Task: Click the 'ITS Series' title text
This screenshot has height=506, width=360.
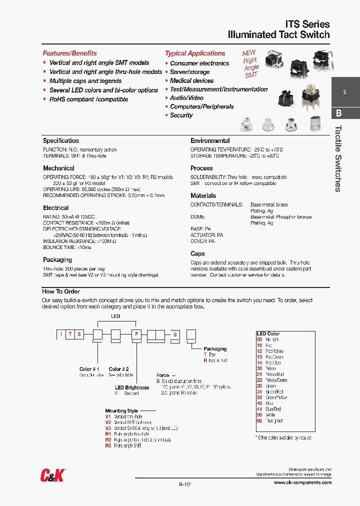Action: click(307, 24)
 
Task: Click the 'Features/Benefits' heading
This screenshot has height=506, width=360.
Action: click(69, 53)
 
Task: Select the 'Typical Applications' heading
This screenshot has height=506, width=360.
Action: click(195, 53)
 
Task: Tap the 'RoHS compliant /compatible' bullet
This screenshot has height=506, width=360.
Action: click(88, 99)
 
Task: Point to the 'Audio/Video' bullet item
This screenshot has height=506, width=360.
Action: click(186, 98)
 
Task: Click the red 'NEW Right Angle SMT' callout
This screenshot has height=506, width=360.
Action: click(250, 63)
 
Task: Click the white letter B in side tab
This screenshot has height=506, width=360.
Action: click(338, 113)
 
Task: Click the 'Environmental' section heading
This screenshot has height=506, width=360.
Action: click(210, 141)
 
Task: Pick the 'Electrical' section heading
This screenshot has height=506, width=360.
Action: click(55, 207)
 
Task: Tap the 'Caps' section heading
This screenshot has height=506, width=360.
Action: click(197, 253)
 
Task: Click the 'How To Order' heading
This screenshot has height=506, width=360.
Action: click(61, 291)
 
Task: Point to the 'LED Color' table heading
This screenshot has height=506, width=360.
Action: click(268, 333)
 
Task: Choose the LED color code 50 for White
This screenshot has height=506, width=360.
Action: click(259, 415)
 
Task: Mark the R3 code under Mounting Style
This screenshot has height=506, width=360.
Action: click(108, 445)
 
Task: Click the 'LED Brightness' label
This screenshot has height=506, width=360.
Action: click(132, 387)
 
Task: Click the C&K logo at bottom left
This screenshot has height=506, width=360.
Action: click(52, 475)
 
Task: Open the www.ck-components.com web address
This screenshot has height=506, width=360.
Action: click(302, 482)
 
